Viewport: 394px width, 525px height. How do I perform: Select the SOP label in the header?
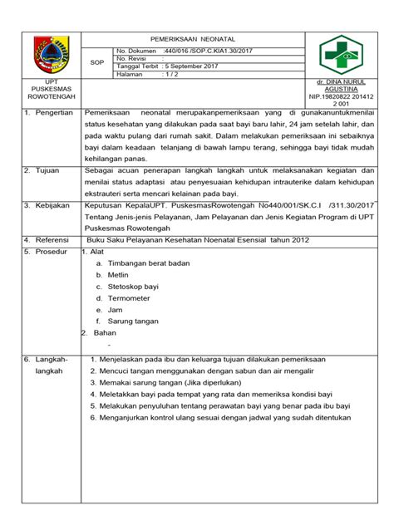pos(96,61)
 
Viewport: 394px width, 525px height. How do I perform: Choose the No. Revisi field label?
pos(132,59)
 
